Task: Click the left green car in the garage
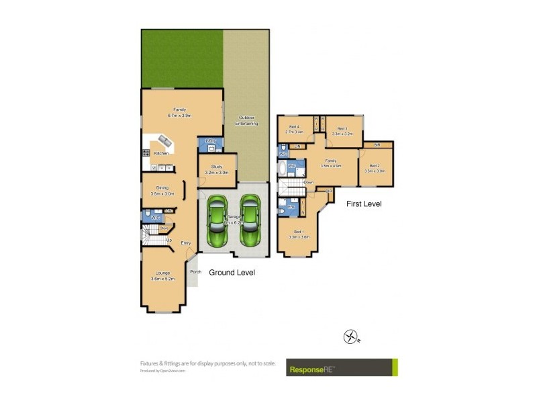(x=217, y=220)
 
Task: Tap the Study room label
(x=216, y=167)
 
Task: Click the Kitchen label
(x=161, y=154)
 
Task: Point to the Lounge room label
(x=162, y=273)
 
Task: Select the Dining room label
(x=162, y=188)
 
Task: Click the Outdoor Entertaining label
(x=246, y=120)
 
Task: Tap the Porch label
(x=195, y=271)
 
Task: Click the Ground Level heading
(x=232, y=273)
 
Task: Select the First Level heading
(x=364, y=203)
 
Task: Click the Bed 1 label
(x=298, y=232)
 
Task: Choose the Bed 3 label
(x=342, y=128)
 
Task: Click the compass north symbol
(x=351, y=337)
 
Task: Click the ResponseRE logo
(x=342, y=367)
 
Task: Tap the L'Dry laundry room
(x=210, y=144)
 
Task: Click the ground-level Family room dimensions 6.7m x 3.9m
(x=180, y=116)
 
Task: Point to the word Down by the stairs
(x=309, y=182)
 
